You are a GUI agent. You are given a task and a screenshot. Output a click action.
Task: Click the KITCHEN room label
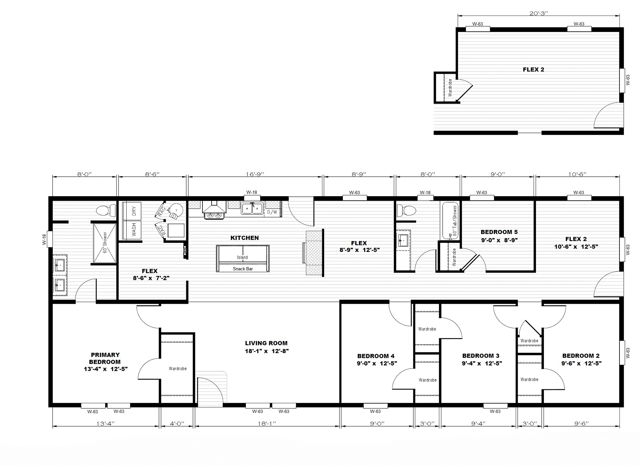coord(245,238)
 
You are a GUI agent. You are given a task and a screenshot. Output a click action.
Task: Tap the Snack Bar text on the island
coord(243,269)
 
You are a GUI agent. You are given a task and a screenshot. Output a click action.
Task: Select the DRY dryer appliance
coord(132,211)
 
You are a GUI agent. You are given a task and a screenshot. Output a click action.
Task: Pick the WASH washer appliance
coord(132,230)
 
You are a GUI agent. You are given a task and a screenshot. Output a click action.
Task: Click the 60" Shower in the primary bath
coord(105,243)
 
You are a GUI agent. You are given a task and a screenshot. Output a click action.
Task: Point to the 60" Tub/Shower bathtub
coord(451,221)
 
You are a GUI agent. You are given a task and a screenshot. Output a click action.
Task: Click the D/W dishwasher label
coord(272,212)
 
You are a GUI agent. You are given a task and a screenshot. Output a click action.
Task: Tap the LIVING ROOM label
coord(266,343)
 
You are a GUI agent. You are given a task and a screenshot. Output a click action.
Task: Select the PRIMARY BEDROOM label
coord(105,358)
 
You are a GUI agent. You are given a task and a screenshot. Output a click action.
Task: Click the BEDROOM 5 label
coord(499,232)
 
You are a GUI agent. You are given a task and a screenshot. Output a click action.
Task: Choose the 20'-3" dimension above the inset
coord(539,13)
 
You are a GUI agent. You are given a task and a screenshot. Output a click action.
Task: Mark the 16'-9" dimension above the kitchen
coord(255,174)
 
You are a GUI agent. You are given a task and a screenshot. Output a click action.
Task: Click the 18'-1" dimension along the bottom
coord(267,424)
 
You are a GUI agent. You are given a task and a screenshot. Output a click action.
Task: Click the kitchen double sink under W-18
coord(252,208)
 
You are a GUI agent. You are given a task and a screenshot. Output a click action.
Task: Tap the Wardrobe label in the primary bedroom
coord(178,369)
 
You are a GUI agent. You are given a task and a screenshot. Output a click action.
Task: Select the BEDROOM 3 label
coord(481,356)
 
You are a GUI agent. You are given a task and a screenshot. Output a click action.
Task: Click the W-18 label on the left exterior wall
coord(44,239)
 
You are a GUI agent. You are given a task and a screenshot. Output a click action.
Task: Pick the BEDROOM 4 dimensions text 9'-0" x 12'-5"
coord(377,363)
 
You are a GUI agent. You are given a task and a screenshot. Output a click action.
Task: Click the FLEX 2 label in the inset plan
coord(533,69)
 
